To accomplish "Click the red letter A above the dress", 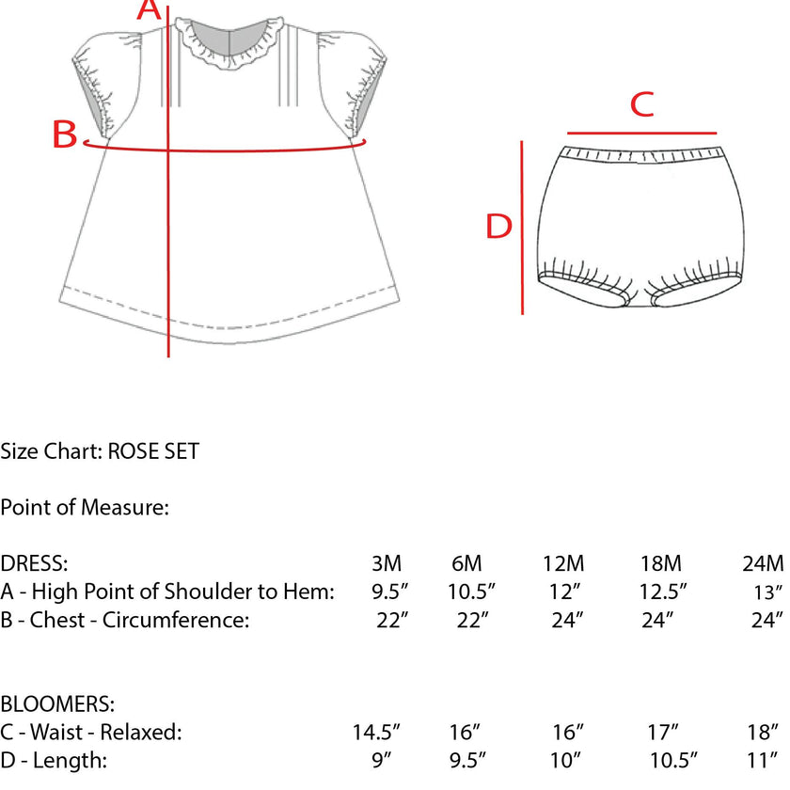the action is click(149, 10).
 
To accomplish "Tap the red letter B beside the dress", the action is click(65, 134).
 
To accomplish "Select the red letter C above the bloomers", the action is click(641, 104).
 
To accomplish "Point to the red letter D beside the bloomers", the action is click(498, 226).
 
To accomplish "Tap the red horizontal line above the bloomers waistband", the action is click(641, 133).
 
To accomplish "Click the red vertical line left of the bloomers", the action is click(522, 228).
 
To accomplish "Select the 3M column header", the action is click(387, 563).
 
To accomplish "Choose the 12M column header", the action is click(563, 563).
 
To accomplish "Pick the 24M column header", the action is click(763, 563).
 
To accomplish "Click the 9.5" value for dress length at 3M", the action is click(389, 592).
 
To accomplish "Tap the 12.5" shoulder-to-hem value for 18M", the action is click(663, 592).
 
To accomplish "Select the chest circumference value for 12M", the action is click(567, 620).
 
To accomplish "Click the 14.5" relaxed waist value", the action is click(376, 732).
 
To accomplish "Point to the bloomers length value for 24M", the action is click(763, 760).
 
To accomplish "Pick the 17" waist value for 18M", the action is click(662, 732).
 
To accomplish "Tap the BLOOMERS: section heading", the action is click(57, 703).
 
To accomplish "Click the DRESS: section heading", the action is click(34, 563).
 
